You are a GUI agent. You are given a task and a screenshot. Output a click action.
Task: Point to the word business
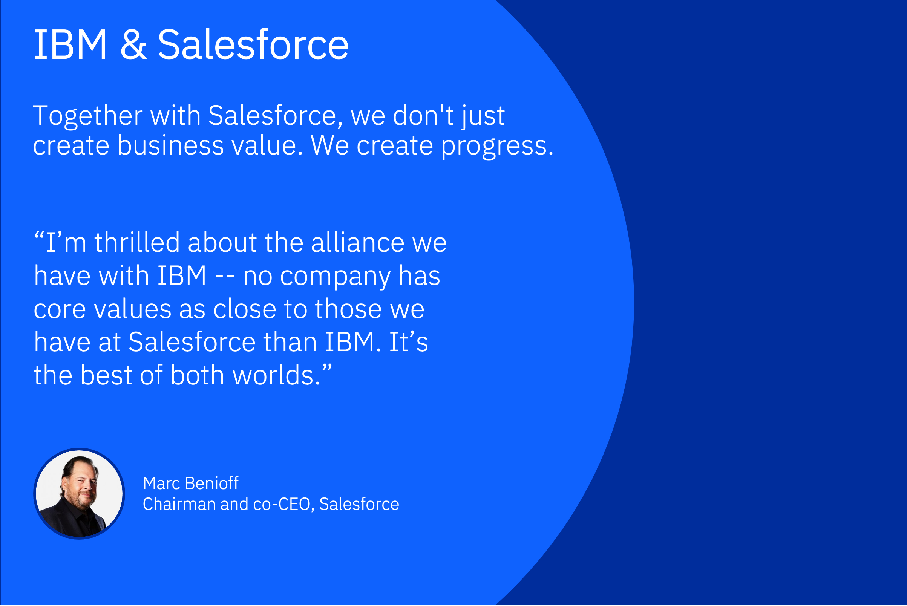(170, 145)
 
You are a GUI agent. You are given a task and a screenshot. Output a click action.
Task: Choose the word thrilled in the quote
(137, 243)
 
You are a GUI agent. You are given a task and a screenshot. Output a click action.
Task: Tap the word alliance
(357, 243)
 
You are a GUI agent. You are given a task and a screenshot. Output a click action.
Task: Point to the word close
(245, 309)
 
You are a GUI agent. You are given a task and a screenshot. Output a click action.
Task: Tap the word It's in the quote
(408, 342)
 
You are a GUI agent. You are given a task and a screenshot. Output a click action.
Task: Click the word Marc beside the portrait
(161, 484)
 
